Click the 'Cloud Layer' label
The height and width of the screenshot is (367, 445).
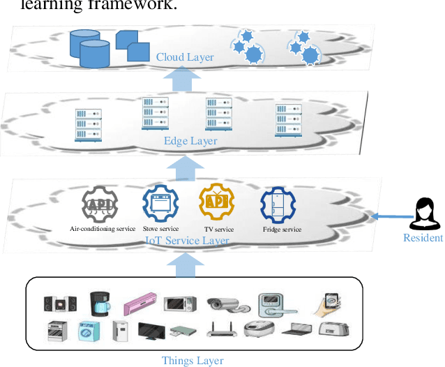(185, 57)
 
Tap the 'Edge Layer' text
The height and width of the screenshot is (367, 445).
(190, 141)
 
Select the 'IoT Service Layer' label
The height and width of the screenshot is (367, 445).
(186, 241)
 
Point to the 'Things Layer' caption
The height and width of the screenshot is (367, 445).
(193, 360)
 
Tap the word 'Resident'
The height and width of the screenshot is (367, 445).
(423, 238)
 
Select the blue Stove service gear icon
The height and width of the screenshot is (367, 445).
(160, 203)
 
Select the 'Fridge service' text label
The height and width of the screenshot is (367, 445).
(282, 230)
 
